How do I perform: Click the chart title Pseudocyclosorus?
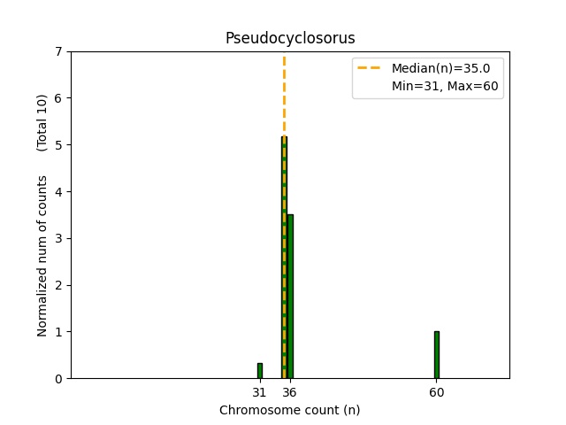point(290,38)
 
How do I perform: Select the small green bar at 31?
point(259,371)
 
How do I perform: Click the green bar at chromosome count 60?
point(436,355)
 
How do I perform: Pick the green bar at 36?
point(290,297)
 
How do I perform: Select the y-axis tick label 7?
point(58,51)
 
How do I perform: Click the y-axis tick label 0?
point(58,379)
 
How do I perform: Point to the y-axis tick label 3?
point(58,238)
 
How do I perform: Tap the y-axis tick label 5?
point(58,145)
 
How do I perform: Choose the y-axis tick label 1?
point(58,332)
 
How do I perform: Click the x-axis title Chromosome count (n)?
point(290,410)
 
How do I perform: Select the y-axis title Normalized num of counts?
point(42,256)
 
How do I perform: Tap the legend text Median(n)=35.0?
point(434,67)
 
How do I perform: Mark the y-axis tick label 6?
point(58,98)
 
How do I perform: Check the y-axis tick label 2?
point(58,285)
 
